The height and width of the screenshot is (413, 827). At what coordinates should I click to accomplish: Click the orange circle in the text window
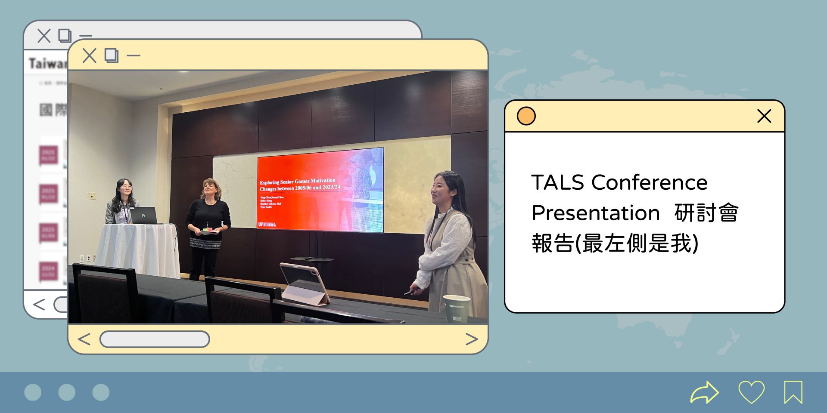(526, 116)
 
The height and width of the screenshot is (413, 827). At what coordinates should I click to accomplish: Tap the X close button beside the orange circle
(764, 116)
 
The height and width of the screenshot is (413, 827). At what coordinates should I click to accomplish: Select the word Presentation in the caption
(596, 213)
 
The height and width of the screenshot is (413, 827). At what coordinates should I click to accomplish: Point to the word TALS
(558, 182)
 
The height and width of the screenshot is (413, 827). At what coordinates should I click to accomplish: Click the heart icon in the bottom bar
(751, 392)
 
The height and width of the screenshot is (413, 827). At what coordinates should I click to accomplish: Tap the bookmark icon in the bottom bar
(793, 392)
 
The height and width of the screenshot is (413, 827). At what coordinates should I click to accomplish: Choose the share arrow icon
(705, 392)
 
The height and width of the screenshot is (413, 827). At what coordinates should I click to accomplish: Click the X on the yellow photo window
(89, 56)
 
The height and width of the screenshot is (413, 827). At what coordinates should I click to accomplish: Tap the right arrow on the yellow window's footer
(472, 339)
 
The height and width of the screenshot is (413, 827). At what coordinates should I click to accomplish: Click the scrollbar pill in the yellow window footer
(155, 339)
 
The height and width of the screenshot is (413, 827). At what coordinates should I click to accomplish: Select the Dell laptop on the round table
(144, 216)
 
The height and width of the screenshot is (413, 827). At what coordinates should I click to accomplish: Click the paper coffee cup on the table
(456, 308)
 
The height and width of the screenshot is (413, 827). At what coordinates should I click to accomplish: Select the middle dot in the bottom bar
(67, 392)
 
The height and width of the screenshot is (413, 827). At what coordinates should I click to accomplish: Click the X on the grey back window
(44, 36)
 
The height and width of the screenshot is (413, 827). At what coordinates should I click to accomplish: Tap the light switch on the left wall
(91, 196)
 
